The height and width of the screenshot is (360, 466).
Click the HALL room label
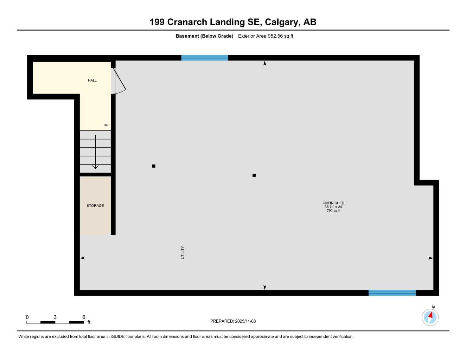click(x=92, y=81)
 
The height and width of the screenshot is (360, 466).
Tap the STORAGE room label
click(x=95, y=206)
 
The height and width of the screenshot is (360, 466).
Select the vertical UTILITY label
click(x=183, y=252)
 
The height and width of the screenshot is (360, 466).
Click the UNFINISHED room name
click(x=333, y=203)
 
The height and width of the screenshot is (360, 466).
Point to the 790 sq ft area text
click(x=333, y=211)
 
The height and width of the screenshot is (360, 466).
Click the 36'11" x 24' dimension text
click(x=333, y=207)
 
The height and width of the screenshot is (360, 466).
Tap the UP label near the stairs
click(x=106, y=125)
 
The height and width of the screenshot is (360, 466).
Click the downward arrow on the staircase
click(x=95, y=166)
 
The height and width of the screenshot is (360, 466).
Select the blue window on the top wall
click(x=205, y=58)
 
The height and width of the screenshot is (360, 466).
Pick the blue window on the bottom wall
click(x=392, y=293)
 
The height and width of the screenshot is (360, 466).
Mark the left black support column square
click(x=154, y=166)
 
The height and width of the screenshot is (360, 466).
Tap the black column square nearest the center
click(x=254, y=175)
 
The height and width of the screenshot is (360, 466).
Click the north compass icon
click(x=430, y=317)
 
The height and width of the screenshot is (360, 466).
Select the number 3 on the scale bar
click(x=55, y=317)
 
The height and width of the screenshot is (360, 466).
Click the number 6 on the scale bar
click(x=84, y=317)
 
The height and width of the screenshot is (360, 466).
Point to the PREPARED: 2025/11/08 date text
click(x=233, y=321)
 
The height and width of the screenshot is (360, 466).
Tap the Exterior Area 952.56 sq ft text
click(x=266, y=36)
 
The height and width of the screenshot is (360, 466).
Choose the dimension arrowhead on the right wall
click(x=430, y=258)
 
